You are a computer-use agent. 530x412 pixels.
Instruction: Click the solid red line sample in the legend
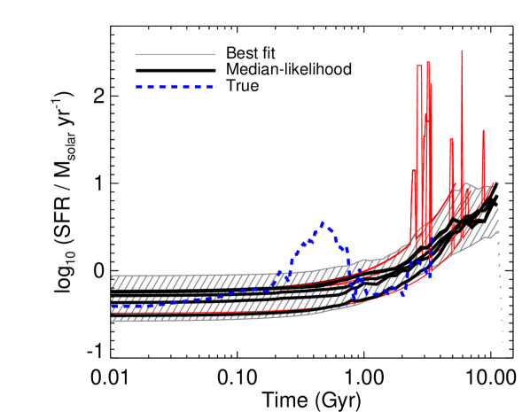[175, 54]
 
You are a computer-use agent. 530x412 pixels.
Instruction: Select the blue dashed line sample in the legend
[175, 87]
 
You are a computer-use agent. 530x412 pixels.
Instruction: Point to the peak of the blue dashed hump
[323, 223]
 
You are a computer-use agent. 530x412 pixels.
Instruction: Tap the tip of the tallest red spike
[462, 51]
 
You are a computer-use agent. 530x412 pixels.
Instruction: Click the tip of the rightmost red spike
[483, 130]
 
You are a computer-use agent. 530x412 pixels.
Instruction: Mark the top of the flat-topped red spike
[419, 66]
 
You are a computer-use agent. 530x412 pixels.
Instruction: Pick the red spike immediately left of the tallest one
[451, 138]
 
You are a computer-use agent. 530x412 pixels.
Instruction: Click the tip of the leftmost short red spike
[413, 169]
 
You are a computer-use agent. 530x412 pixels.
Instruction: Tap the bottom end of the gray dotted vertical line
[503, 354]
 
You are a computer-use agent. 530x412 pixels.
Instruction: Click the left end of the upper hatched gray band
[113, 282]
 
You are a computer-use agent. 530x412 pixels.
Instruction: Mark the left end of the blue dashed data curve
[113, 307]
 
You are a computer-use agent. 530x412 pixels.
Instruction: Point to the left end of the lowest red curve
[113, 314]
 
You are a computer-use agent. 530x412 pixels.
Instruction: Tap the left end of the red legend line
[136, 54]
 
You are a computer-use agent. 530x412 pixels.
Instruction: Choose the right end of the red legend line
[214, 54]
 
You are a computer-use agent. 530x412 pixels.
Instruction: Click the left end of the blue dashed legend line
[136, 87]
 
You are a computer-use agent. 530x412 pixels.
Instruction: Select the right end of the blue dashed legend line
[214, 87]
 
